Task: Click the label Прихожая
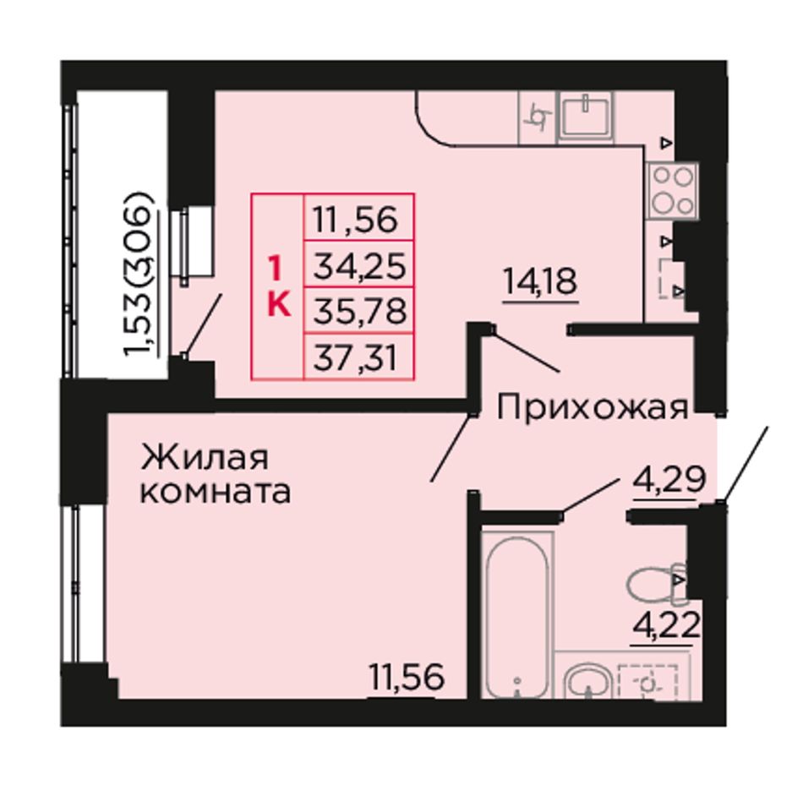[592, 408]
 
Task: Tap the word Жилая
[205, 457]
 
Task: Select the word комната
[216, 493]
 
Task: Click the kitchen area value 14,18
[540, 281]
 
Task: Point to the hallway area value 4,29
[669, 480]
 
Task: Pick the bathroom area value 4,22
[667, 624]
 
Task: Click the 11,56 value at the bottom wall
[407, 677]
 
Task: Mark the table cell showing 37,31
[359, 357]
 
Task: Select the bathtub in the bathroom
[517, 615]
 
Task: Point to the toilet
[657, 582]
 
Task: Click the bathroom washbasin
[589, 681]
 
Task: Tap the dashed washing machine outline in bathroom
[647, 682]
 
